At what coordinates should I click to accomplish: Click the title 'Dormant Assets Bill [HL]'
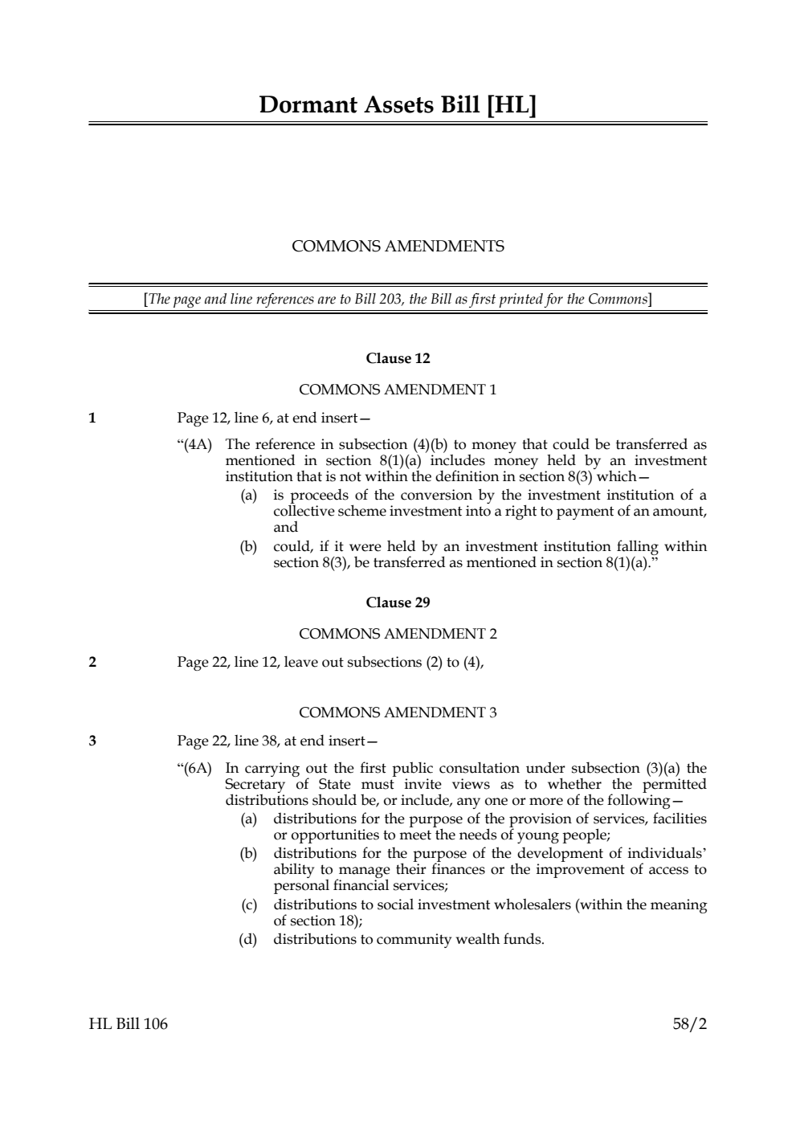pyautogui.click(x=398, y=105)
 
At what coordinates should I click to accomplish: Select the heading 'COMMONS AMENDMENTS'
pyautogui.click(x=398, y=247)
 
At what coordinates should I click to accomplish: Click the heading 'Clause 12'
pyautogui.click(x=398, y=358)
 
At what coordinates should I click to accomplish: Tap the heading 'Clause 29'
pyautogui.click(x=398, y=602)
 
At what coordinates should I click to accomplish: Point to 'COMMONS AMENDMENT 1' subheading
pyautogui.click(x=398, y=390)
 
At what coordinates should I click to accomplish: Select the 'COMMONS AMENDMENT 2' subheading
pyautogui.click(x=398, y=634)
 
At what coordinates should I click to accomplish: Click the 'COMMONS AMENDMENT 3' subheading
pyautogui.click(x=398, y=713)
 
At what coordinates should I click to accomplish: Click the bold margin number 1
pyautogui.click(x=92, y=418)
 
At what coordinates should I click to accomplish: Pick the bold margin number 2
pyautogui.click(x=92, y=662)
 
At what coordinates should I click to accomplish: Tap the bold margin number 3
pyautogui.click(x=92, y=741)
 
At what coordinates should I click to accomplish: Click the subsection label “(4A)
pyautogui.click(x=194, y=445)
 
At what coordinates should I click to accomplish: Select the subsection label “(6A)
pyautogui.click(x=194, y=769)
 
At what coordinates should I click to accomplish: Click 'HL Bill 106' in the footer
pyautogui.click(x=129, y=1024)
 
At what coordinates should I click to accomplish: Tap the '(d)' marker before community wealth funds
pyautogui.click(x=248, y=939)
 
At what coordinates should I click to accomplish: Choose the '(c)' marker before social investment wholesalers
pyautogui.click(x=249, y=905)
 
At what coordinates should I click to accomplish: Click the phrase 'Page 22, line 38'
pyautogui.click(x=227, y=741)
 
